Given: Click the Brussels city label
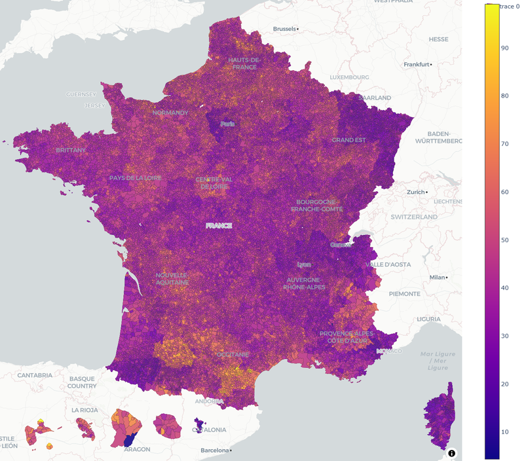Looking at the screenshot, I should (x=285, y=29).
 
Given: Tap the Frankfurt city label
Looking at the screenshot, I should (x=417, y=64).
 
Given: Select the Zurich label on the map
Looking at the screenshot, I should (x=415, y=192).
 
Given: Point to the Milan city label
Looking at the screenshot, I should (x=437, y=277).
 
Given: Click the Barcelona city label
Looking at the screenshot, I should (x=215, y=451).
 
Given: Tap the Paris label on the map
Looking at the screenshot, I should (x=227, y=124).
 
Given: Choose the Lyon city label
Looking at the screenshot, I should (x=304, y=265).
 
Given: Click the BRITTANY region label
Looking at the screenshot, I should (x=71, y=150).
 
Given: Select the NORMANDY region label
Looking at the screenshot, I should (x=170, y=113).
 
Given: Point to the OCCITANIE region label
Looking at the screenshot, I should (x=233, y=354).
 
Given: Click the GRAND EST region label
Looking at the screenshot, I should (x=349, y=140).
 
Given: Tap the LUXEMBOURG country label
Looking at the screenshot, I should (x=349, y=77).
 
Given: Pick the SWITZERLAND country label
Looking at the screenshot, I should (x=414, y=217).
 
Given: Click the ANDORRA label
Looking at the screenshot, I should (x=209, y=401).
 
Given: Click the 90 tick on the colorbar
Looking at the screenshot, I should (x=505, y=48).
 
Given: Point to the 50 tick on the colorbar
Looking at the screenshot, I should (x=505, y=240).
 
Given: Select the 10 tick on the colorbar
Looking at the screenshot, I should (x=505, y=432).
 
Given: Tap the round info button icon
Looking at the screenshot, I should (x=452, y=452).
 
